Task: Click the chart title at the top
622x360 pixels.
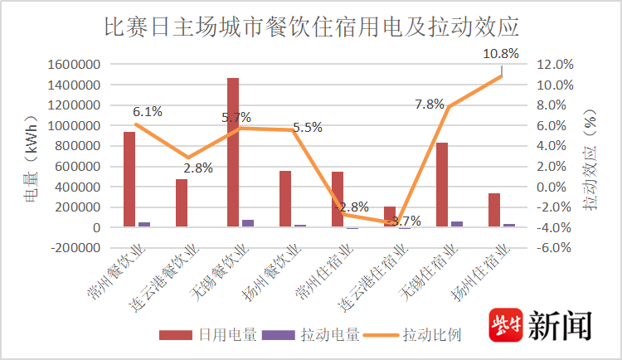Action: point(311,27)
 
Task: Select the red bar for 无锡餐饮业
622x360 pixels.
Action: point(233,153)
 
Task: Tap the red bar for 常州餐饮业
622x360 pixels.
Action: point(129,179)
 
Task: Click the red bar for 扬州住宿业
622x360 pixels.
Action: point(493,211)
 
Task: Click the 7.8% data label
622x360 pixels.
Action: point(430,104)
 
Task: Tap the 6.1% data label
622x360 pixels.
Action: point(147,112)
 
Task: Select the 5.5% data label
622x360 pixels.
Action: point(307,128)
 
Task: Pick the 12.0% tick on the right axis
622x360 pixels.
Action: point(555,65)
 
